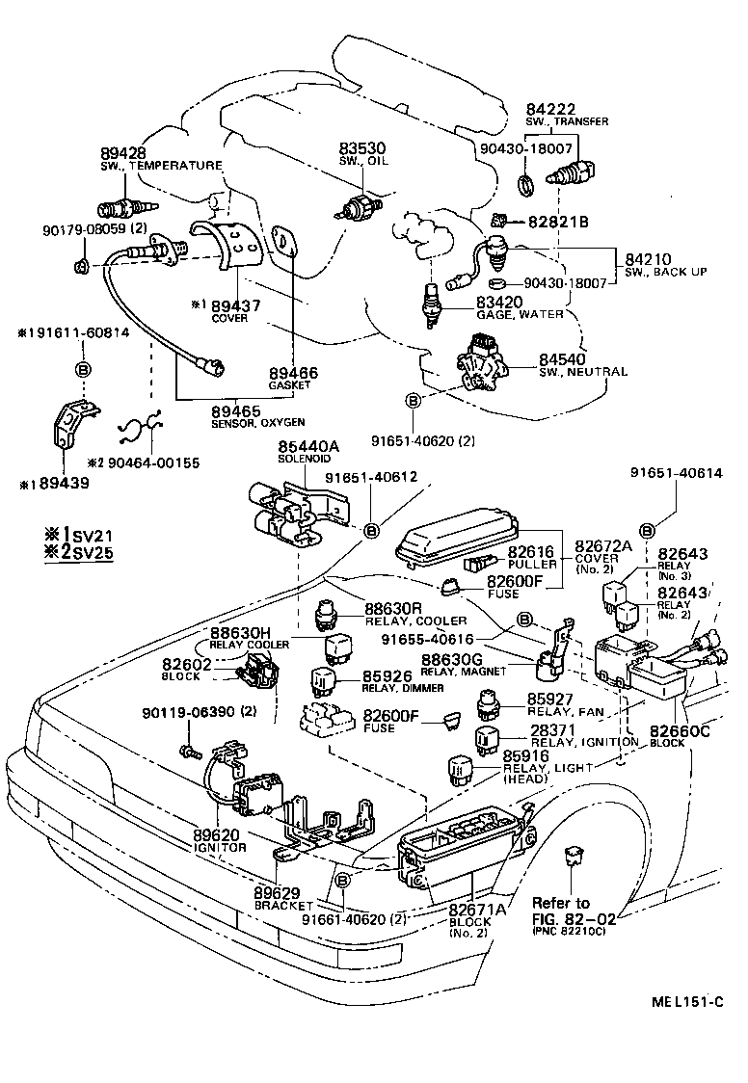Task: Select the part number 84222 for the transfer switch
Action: pyautogui.click(x=550, y=110)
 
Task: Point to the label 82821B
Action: pyautogui.click(x=558, y=223)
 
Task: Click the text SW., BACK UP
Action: pyautogui.click(x=666, y=273)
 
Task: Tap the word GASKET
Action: pyautogui.click(x=294, y=385)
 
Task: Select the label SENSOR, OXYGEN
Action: pyautogui.click(x=258, y=422)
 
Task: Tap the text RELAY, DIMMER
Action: pyautogui.click(x=403, y=688)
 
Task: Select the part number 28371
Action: pyautogui.click(x=552, y=730)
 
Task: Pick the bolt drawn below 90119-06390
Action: pyautogui.click(x=189, y=747)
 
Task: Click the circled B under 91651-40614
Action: pyautogui.click(x=647, y=528)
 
